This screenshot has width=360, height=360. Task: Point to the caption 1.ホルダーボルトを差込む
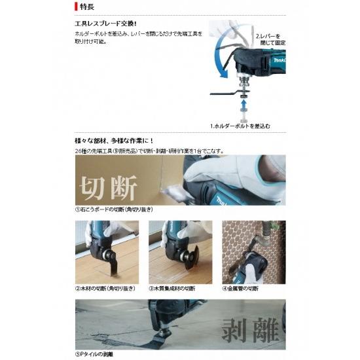point(240,124)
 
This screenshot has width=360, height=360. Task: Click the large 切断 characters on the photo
point(108,187)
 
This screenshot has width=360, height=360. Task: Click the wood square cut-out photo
point(107,251)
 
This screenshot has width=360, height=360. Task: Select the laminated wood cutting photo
point(181,251)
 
